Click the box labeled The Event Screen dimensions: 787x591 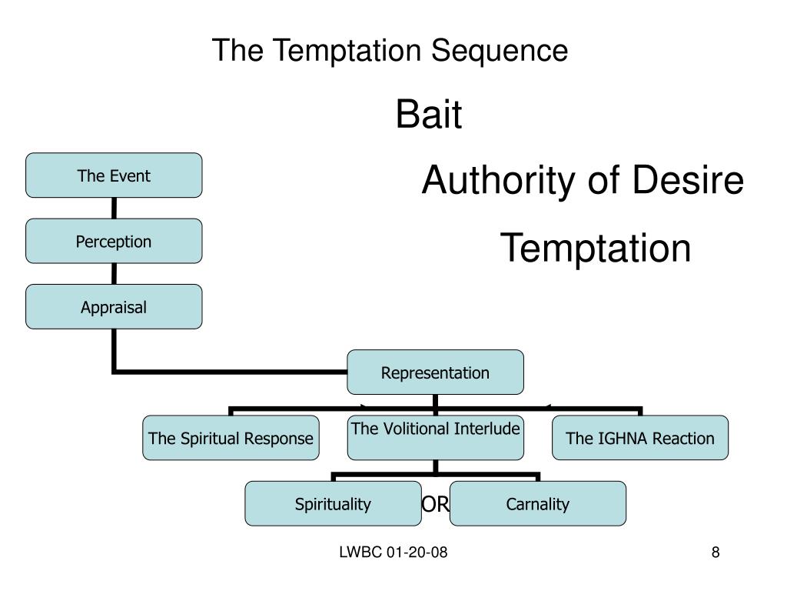tap(114, 175)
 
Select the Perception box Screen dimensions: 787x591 tap(114, 241)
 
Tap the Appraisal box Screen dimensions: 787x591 tap(114, 307)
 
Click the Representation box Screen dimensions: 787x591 tap(435, 372)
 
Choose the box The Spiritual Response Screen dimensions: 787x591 tap(231, 438)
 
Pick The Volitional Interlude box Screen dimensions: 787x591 tap(435, 438)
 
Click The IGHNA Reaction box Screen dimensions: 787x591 tap(640, 438)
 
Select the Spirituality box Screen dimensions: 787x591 tap(334, 503)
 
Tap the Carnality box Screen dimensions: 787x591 tap(537, 503)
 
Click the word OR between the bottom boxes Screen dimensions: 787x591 tap(435, 504)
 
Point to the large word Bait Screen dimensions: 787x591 tap(429, 114)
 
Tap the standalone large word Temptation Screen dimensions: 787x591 tap(596, 249)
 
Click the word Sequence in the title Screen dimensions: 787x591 tap(500, 51)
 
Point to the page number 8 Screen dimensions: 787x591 tap(716, 553)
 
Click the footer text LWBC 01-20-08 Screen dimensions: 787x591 tap(393, 553)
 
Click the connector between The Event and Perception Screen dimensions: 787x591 tap(114, 208)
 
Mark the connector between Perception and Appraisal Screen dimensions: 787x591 tap(114, 274)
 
